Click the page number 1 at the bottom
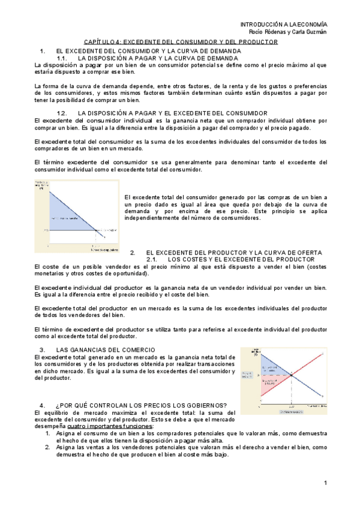click(x=325, y=483)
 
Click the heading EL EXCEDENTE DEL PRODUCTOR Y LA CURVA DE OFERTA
click(x=234, y=252)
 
